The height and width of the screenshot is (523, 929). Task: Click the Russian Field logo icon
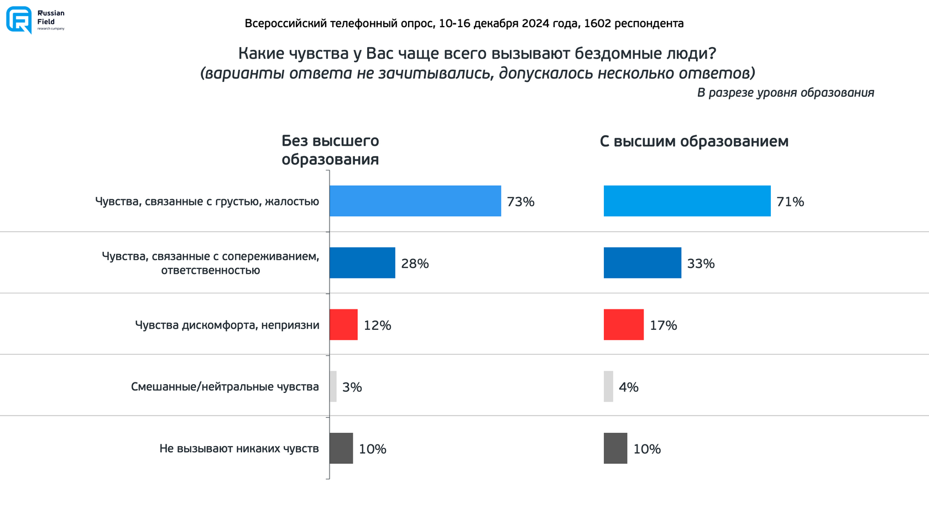19,20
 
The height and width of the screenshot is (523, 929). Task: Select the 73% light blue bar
415,201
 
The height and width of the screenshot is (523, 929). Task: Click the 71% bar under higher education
687,201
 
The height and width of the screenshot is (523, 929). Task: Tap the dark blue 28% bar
362,263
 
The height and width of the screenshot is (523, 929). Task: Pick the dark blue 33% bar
642,263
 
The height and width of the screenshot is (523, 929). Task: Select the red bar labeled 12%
343,325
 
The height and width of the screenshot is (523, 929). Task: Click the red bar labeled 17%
623,325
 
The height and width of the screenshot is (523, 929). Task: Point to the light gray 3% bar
333,386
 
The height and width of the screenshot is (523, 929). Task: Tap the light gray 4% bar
608,386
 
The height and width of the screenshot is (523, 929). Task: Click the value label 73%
520,202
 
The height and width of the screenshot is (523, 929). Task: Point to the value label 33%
701,264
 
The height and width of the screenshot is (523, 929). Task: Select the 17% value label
663,325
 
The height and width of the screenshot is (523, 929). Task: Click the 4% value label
628,387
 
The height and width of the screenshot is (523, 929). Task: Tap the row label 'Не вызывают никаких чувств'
239,448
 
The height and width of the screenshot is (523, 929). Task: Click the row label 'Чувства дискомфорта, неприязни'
227,325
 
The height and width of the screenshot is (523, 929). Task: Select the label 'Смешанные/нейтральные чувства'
225,386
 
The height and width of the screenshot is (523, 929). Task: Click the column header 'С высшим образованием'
694,142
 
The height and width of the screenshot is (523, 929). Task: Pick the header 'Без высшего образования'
330,150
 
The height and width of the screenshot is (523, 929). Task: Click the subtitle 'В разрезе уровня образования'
785,93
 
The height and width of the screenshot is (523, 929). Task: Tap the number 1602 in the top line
597,24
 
